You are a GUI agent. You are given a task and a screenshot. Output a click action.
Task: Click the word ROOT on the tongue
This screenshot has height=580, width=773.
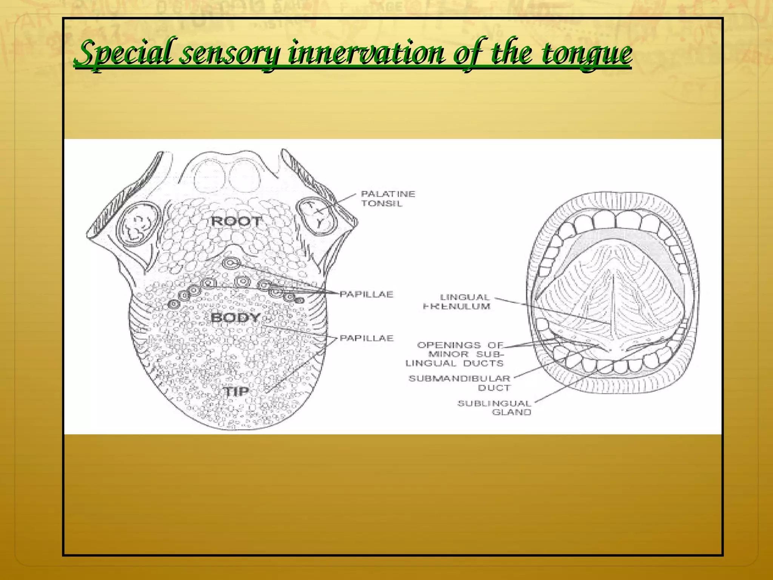tap(236, 221)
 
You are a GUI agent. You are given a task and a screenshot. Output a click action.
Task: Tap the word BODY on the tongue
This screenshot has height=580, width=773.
tap(236, 318)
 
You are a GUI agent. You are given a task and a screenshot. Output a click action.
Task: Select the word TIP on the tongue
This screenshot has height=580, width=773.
tap(236, 392)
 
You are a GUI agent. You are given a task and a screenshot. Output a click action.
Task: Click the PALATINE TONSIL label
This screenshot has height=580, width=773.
tap(388, 199)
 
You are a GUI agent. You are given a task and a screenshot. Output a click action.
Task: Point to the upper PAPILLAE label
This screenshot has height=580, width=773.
tap(366, 294)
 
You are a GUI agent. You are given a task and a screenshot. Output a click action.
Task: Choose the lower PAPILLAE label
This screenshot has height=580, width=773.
tap(366, 338)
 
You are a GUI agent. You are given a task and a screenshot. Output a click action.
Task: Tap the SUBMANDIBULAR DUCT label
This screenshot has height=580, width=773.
tap(460, 383)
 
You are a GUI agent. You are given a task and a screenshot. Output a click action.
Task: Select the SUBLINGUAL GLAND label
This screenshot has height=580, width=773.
tap(494, 408)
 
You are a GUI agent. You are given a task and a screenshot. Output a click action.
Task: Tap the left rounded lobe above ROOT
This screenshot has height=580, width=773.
tap(210, 175)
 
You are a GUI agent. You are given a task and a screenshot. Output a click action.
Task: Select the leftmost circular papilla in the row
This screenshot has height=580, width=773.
tap(173, 304)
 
